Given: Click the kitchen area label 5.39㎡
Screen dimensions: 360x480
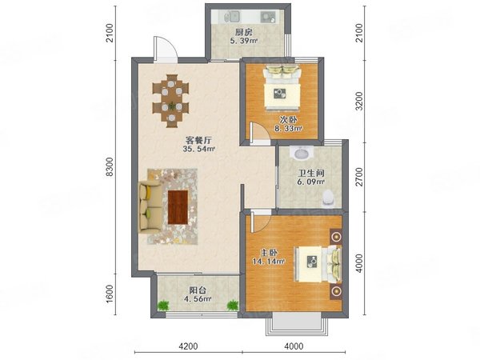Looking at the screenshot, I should [243, 41].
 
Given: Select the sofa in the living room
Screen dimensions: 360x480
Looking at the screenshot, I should [148, 205].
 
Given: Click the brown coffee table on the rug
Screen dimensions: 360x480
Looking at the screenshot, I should [178, 206].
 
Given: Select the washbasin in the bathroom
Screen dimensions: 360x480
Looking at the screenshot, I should [301, 154].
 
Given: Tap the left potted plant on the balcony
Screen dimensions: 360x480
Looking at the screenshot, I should [165, 305].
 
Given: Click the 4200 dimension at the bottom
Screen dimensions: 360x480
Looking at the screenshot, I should [188, 346].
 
